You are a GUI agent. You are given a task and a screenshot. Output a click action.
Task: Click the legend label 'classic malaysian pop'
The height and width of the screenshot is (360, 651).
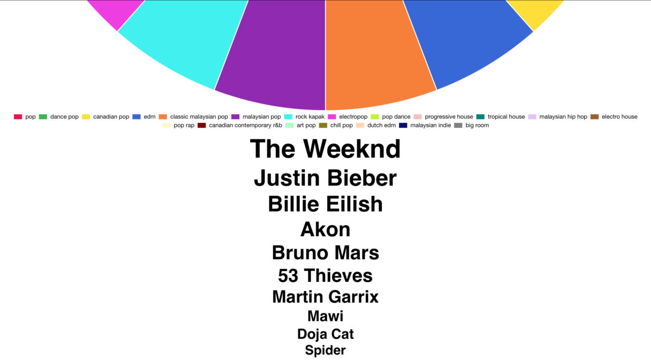pos(199,117)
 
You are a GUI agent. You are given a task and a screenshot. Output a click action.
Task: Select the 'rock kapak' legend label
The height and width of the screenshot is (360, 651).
pos(310,117)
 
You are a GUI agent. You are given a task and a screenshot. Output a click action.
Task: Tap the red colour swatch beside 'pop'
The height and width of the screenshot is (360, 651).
pos(18,117)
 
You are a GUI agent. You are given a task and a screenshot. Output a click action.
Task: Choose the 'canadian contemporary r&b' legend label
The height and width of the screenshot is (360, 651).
pos(245,126)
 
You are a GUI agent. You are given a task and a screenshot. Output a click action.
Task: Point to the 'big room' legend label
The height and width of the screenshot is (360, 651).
pos(477,126)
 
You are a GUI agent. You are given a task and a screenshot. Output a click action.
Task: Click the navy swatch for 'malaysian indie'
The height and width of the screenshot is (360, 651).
pos(403,126)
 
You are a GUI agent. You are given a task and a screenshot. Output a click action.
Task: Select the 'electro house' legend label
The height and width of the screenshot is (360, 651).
pos(620,117)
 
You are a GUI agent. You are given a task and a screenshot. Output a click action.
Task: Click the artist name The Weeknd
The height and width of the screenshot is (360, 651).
pos(325,149)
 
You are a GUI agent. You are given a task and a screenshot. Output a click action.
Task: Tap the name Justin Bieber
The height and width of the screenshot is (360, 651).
pos(325,178)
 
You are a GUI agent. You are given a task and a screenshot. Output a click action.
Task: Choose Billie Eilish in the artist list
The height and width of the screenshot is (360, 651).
pos(325,204)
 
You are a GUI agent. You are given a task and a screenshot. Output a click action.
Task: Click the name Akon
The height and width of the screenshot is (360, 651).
pos(325,229)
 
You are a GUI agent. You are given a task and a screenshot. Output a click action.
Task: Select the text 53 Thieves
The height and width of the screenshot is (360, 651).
pos(325,275)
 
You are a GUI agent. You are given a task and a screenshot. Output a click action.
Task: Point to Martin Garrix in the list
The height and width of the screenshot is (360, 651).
pos(325,297)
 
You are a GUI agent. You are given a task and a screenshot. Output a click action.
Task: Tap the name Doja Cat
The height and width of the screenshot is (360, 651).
pos(325,334)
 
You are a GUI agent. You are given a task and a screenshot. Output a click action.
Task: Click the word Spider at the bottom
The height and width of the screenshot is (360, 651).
pos(325,350)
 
